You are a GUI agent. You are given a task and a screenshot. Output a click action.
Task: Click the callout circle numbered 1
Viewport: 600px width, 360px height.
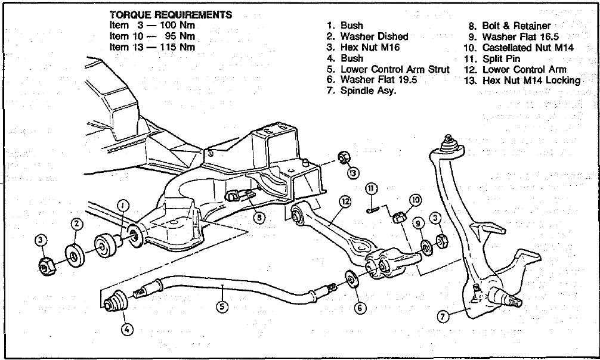(x=122, y=206)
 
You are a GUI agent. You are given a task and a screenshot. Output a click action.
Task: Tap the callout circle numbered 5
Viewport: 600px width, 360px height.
(x=222, y=307)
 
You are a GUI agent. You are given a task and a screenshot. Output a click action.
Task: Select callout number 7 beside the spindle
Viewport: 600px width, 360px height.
(x=443, y=316)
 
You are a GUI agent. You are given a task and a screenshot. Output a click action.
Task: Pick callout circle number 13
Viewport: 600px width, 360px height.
(x=354, y=173)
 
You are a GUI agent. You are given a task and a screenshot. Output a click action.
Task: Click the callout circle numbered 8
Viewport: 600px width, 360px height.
(x=259, y=218)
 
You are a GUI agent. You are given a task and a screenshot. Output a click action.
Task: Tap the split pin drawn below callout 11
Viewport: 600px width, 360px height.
(x=373, y=209)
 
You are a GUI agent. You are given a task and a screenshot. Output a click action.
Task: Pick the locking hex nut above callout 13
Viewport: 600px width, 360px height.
(x=343, y=158)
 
